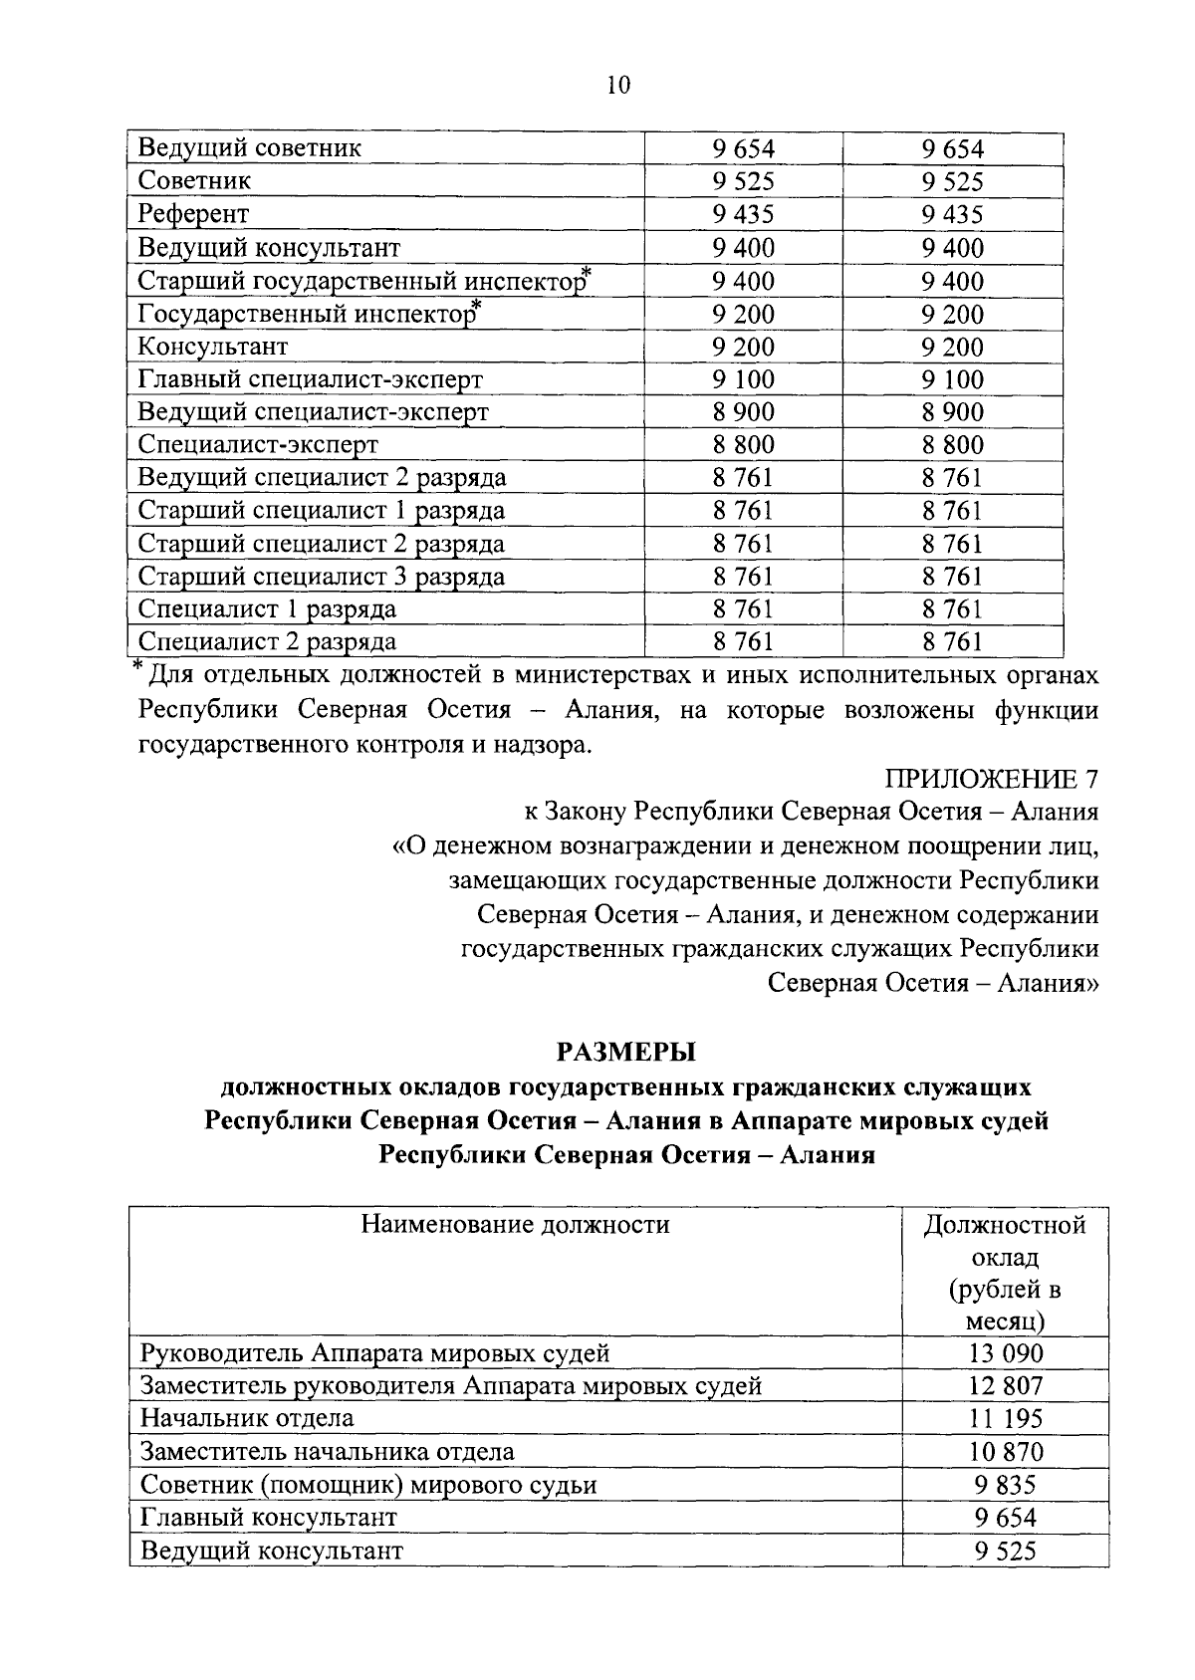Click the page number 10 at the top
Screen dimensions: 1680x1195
point(617,86)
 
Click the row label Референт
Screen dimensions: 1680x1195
point(194,214)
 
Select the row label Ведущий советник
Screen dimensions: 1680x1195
point(250,148)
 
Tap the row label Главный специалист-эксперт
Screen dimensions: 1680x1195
point(310,379)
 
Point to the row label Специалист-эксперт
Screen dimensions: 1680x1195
point(258,444)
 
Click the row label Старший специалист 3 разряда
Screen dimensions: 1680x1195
point(321,577)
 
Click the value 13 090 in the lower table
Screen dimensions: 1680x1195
point(1005,1353)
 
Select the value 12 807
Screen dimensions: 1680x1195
point(1005,1386)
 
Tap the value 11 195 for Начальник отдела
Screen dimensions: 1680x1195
point(1005,1419)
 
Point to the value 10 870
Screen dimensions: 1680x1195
point(1005,1452)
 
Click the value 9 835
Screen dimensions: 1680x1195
point(1005,1485)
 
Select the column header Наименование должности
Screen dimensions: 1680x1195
point(515,1224)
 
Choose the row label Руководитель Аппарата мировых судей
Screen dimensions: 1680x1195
point(374,1353)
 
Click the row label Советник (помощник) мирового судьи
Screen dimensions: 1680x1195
point(368,1485)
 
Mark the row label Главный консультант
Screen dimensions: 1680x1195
point(269,1518)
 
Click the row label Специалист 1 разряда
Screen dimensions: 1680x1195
point(267,609)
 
